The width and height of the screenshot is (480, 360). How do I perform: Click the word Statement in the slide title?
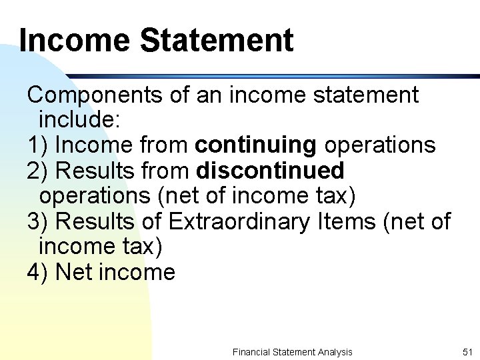pyautogui.click(x=216, y=40)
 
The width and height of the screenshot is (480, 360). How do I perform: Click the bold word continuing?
pyautogui.click(x=256, y=145)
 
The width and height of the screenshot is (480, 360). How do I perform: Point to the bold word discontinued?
pyautogui.click(x=271, y=171)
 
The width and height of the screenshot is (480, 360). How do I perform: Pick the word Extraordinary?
pyautogui.click(x=239, y=221)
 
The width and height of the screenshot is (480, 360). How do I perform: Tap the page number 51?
pyautogui.click(x=467, y=352)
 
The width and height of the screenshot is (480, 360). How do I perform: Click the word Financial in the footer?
pyautogui.click(x=251, y=352)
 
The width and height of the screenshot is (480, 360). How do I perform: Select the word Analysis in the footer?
pyautogui.click(x=334, y=352)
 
